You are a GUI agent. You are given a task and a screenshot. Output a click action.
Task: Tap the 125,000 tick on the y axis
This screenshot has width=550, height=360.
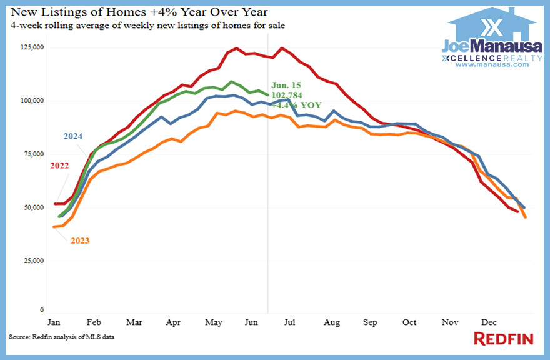pyautogui.click(x=31, y=47)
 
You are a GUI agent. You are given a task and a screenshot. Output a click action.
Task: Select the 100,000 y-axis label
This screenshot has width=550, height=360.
pyautogui.click(x=31, y=101)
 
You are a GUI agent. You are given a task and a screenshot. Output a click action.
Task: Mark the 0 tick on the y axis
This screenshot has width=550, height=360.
pyautogui.click(x=42, y=310)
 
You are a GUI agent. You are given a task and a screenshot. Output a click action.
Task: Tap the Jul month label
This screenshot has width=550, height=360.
pyautogui.click(x=289, y=322)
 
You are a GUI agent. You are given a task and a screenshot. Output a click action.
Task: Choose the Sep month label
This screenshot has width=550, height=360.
pyautogui.click(x=371, y=322)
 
